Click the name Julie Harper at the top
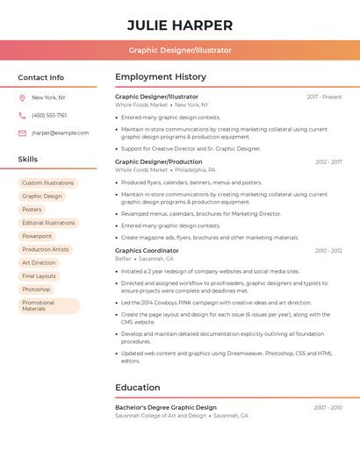coord(180,25)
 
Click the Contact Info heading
coord(40,77)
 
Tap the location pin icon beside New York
coord(22,97)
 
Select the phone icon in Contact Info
coord(22,115)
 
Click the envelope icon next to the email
coord(22,133)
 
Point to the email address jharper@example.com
coord(60,133)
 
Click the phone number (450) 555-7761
coord(49,115)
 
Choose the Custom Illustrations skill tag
coord(48,183)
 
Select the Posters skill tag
coord(32,210)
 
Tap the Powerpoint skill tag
coord(37,236)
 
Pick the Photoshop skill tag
coord(36,289)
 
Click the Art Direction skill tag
coord(39,262)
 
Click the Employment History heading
coord(161,77)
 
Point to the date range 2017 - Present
coord(324,97)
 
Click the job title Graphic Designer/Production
coord(158,161)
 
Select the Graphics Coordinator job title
coord(147,250)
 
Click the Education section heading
coord(138,387)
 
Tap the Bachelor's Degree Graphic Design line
coord(166,407)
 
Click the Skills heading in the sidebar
coord(28,159)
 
